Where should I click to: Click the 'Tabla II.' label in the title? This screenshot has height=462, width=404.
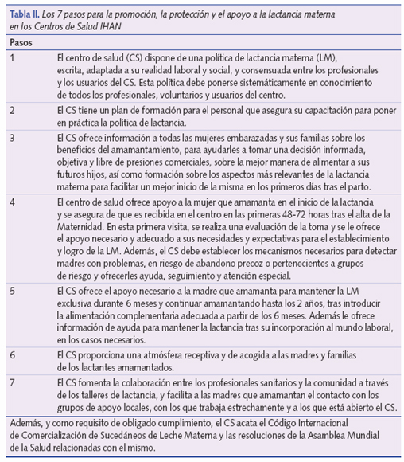26,15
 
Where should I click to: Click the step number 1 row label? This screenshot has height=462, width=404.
13,59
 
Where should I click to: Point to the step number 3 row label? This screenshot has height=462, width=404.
13,138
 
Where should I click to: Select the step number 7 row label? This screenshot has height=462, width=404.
13,382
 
